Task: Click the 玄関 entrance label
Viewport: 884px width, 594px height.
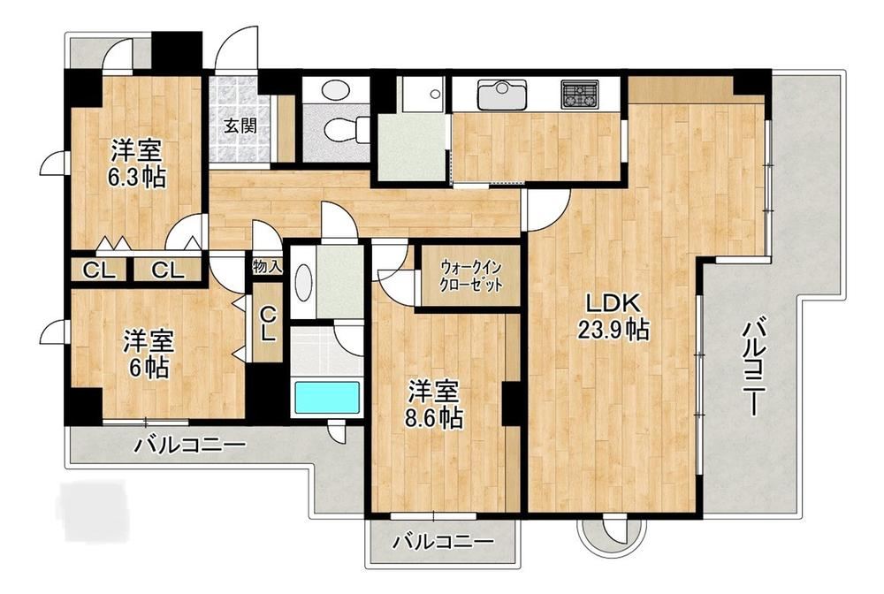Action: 240,126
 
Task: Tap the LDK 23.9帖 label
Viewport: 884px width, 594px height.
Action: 613,316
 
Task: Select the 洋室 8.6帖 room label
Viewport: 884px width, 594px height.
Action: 433,405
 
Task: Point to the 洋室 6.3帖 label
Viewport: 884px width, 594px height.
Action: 137,164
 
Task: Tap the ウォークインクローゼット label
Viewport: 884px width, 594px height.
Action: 472,276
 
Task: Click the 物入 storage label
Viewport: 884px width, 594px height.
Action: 267,266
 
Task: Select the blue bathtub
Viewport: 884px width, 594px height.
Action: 327,399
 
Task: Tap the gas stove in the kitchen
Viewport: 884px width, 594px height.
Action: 580,94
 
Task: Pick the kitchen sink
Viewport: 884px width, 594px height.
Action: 502,94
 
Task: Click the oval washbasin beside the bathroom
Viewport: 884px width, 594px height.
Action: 303,283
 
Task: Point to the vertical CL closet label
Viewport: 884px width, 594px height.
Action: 269,323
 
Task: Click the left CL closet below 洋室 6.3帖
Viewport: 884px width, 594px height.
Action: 100,271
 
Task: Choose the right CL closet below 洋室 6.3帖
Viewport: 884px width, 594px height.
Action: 167,271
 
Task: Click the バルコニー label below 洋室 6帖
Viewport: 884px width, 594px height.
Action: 190,445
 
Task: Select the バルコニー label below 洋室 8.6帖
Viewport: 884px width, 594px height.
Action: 443,543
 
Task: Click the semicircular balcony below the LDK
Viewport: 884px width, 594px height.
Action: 611,535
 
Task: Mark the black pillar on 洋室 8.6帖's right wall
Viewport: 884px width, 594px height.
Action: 511,404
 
